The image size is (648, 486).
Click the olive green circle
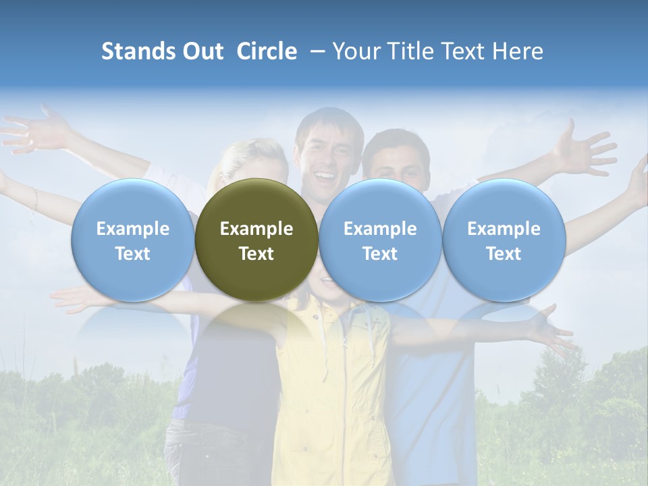tap(256, 202)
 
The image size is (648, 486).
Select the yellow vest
tap(331, 378)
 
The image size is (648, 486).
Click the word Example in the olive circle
tap(256, 229)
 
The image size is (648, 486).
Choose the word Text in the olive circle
tap(256, 254)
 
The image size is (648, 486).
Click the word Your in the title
tap(353, 51)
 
